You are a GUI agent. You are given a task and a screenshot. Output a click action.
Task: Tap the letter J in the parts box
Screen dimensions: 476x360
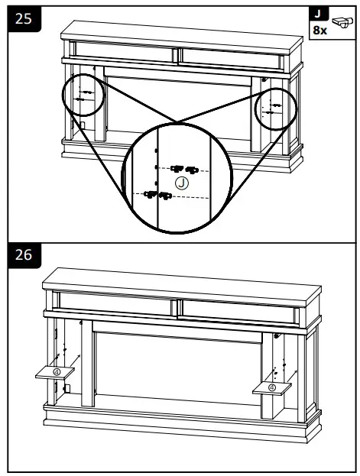click(317, 15)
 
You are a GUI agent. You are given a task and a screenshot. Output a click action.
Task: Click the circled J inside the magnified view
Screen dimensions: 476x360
click(181, 182)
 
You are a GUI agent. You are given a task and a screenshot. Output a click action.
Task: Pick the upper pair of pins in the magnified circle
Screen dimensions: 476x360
click(183, 168)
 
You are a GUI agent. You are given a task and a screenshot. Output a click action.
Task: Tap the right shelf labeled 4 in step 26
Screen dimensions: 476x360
click(272, 387)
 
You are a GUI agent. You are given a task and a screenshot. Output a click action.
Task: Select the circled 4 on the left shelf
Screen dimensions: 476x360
click(57, 372)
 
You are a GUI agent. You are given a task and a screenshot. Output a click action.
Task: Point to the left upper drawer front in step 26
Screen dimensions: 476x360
click(115, 304)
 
